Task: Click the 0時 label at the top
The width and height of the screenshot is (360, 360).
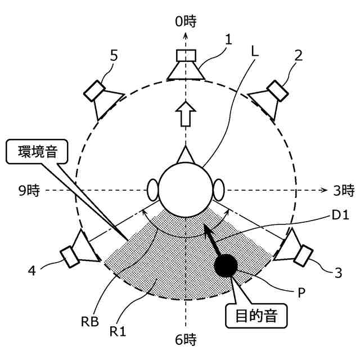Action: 185,22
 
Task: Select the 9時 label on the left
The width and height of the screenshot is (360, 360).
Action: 28,190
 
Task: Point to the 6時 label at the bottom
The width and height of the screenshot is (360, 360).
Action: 186,340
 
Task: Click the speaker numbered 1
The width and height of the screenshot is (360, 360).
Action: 185,65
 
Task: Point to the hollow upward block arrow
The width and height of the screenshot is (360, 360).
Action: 185,116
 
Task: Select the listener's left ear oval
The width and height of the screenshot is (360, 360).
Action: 152,190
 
